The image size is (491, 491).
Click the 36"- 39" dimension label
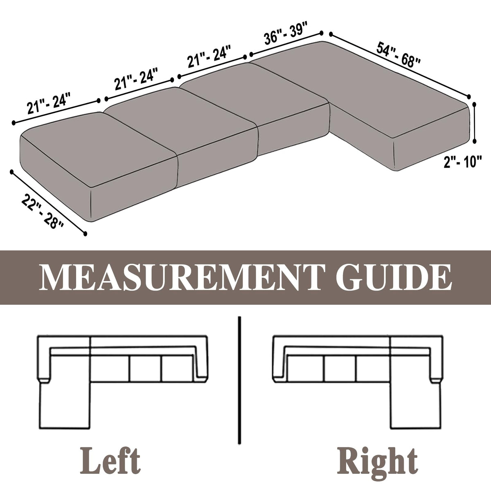[x=286, y=34]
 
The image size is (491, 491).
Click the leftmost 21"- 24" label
[x=48, y=104]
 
